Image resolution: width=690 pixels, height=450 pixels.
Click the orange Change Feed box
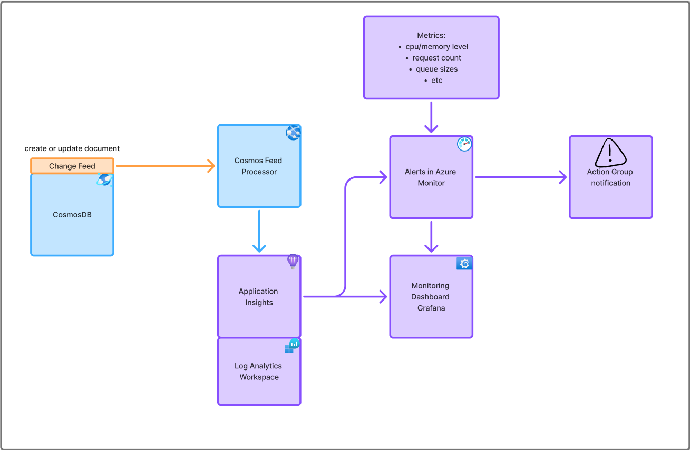(72, 166)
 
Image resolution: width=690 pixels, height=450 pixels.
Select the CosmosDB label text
(72, 215)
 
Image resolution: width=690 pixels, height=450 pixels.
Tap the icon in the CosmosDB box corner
(104, 180)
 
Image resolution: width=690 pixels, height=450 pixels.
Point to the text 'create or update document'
(72, 148)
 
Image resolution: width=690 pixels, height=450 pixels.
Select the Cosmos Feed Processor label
(258, 166)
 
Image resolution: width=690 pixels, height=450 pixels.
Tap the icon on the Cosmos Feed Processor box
(293, 133)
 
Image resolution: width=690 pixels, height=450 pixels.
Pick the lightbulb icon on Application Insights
(293, 262)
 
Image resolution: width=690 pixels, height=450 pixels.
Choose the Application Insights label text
(258, 297)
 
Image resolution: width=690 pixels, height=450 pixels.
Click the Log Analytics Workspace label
(258, 372)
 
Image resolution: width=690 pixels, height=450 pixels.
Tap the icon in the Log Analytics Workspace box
(292, 346)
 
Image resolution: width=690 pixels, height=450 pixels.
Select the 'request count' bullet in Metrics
(436, 58)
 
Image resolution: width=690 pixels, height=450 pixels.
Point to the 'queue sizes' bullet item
(436, 69)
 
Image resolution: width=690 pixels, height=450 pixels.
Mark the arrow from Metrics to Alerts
(431, 117)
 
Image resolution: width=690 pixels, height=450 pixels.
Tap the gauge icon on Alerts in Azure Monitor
(464, 144)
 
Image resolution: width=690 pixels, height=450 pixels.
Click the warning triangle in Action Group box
(610, 153)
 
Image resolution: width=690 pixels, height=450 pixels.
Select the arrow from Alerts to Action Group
(520, 177)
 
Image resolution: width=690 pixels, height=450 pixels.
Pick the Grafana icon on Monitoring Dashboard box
(464, 264)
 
